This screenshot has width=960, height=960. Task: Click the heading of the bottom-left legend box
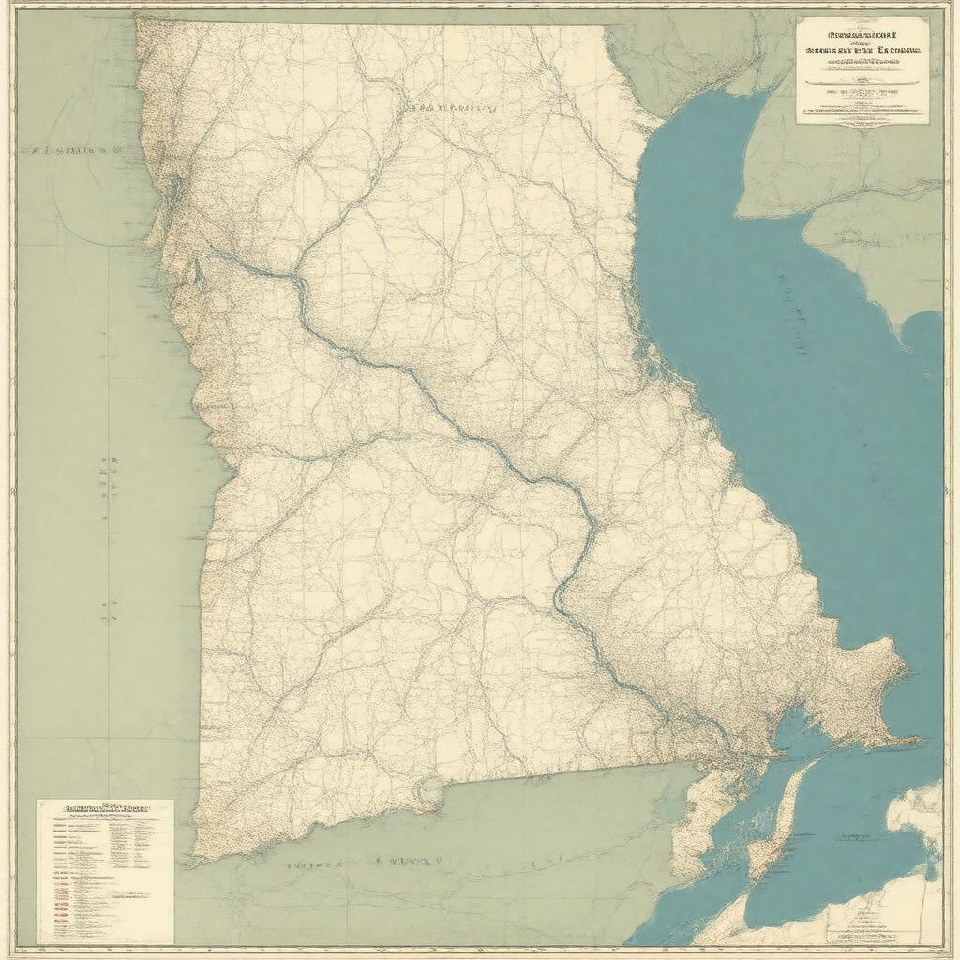click(x=105, y=806)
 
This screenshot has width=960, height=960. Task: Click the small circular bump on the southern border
click(x=430, y=793)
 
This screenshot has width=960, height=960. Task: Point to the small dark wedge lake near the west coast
click(x=196, y=272)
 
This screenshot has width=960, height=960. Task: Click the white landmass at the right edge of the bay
click(x=923, y=816)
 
